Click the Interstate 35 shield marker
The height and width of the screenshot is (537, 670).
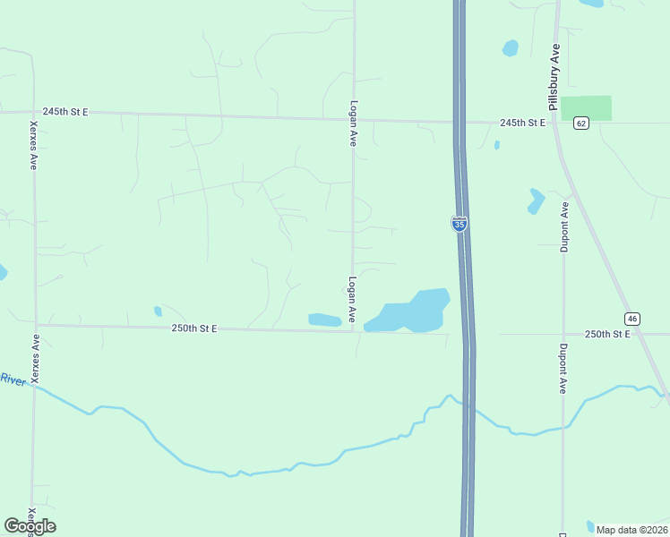point(459,224)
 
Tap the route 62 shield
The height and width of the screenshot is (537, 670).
point(581,123)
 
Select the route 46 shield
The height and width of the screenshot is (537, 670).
point(632,319)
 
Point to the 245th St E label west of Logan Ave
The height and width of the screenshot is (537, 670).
point(66,111)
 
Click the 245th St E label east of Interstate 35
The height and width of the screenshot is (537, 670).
point(523,122)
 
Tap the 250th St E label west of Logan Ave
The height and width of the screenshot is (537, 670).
point(195,328)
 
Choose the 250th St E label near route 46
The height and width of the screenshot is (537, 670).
point(608,333)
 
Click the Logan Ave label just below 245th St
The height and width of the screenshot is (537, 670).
point(354,123)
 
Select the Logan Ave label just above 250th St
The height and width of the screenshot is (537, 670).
point(353,299)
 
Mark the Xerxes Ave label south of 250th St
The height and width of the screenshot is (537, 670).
point(35,358)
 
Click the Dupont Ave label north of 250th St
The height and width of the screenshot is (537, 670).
point(564,227)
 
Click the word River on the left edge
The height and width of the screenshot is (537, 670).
point(13,379)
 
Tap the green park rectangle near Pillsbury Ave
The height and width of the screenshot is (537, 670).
point(586,107)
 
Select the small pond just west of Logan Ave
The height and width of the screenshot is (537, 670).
point(323,320)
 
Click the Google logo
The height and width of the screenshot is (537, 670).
point(30,526)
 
